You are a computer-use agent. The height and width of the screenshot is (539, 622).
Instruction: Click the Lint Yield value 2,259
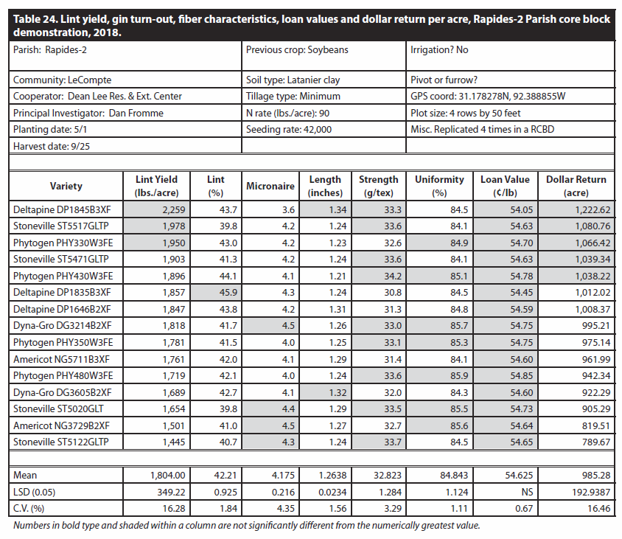tap(173, 209)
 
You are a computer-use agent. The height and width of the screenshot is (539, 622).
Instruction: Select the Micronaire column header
tap(270, 186)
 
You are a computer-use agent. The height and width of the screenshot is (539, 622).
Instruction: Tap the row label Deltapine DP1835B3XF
tap(62, 293)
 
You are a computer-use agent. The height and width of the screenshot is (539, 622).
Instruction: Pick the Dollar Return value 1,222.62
tap(593, 209)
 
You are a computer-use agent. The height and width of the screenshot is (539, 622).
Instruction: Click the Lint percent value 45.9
tap(228, 293)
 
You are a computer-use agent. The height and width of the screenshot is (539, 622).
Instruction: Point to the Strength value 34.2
tap(392, 276)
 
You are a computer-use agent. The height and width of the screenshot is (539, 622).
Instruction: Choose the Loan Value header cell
tap(505, 186)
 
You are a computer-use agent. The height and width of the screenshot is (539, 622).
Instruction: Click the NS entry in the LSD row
tap(527, 492)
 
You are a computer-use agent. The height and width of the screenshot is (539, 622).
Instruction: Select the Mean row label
tap(25, 475)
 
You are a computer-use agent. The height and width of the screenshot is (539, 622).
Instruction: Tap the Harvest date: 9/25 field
tap(52, 147)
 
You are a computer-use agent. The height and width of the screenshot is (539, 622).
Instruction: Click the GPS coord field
tap(488, 97)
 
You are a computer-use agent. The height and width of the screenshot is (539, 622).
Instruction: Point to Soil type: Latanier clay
tap(293, 80)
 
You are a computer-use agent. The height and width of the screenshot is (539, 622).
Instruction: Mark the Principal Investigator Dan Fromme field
tap(88, 113)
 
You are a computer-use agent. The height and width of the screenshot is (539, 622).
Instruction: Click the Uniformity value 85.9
tap(459, 375)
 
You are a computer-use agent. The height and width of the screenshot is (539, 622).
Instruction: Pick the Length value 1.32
tap(338, 392)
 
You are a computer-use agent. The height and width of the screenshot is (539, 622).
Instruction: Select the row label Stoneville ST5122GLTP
tap(60, 442)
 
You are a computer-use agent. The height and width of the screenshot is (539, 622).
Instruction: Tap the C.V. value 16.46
tap(599, 509)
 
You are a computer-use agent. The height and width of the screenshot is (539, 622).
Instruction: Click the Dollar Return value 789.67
tap(595, 442)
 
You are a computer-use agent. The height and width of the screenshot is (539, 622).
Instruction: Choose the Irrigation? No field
tap(439, 50)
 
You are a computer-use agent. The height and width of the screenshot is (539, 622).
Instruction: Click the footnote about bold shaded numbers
tap(246, 526)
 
